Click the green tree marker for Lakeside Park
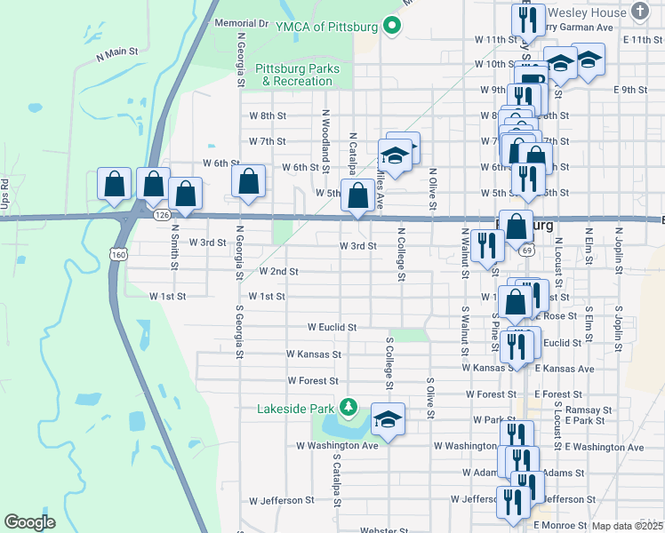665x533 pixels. coord(349,408)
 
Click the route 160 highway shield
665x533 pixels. coord(117,255)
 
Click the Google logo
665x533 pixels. coord(29,521)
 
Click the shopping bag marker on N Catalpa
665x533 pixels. coord(357,195)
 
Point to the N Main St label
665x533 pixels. coord(117,53)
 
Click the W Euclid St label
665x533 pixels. coord(332,327)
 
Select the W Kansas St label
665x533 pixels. coord(314,354)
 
